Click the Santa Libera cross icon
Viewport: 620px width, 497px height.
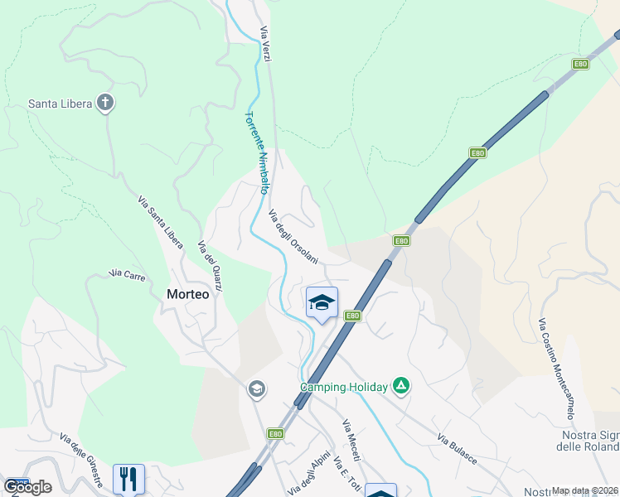(105, 104)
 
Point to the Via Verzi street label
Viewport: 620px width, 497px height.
(266, 44)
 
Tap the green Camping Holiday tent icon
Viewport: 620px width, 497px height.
(401, 385)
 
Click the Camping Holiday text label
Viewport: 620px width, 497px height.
(343, 387)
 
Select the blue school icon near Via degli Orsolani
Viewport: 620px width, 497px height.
(322, 302)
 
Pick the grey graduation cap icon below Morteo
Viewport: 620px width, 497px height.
(257, 388)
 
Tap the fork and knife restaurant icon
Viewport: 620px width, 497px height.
(128, 478)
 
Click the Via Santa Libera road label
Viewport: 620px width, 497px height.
(160, 223)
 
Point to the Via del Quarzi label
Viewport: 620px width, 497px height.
(211, 266)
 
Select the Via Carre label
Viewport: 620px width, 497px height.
(128, 273)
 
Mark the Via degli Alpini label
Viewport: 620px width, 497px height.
(310, 473)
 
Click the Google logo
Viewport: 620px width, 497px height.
(27, 487)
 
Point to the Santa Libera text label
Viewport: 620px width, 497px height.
(61, 104)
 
